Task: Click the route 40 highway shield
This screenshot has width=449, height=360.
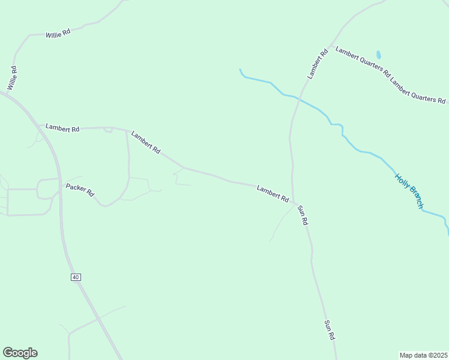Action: [75, 277]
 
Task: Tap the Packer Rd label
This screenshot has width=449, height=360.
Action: [80, 190]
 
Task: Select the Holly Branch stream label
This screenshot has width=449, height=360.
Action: [409, 191]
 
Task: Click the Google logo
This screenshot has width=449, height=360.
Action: [20, 353]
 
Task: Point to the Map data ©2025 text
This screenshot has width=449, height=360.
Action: [424, 355]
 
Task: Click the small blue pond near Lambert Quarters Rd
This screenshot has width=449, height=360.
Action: [378, 55]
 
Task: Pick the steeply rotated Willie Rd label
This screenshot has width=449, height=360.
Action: [12, 79]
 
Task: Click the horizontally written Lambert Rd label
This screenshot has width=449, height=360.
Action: [62, 129]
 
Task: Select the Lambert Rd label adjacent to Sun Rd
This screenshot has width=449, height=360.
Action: [273, 193]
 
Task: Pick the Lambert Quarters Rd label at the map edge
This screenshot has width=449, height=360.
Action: [418, 91]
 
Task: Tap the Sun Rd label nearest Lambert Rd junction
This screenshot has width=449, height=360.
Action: [303, 214]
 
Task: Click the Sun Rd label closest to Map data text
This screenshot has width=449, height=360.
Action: [329, 331]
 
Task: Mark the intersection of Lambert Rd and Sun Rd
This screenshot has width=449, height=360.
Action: [294, 203]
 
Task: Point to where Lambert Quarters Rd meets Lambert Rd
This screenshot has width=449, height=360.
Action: [328, 46]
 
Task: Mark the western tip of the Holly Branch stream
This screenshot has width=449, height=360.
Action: [240, 70]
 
